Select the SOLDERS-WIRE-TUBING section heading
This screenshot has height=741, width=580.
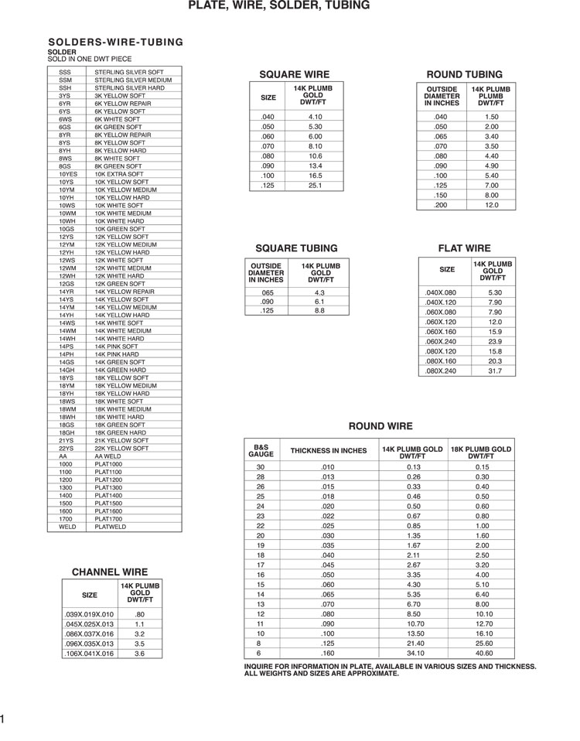coord(116,42)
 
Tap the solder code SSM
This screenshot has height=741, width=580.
coord(65,80)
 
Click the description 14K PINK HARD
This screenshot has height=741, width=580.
coord(120,354)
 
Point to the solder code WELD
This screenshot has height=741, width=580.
coord(67,527)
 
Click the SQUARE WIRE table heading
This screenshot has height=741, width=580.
coord(294,74)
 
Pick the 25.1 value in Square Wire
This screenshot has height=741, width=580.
coord(315,186)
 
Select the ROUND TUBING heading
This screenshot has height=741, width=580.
coord(464,74)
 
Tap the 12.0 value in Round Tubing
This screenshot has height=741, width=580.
coord(491,205)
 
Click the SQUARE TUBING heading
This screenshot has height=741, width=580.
coord(296,248)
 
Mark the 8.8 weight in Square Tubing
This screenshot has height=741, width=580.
coord(320,310)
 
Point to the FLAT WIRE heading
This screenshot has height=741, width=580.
coord(464,248)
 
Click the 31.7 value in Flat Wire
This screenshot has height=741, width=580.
coord(495,371)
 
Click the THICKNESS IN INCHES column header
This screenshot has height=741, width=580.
coord(328,451)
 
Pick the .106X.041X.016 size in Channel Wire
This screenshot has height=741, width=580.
coord(88,654)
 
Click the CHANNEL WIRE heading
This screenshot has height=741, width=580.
coord(109,572)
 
